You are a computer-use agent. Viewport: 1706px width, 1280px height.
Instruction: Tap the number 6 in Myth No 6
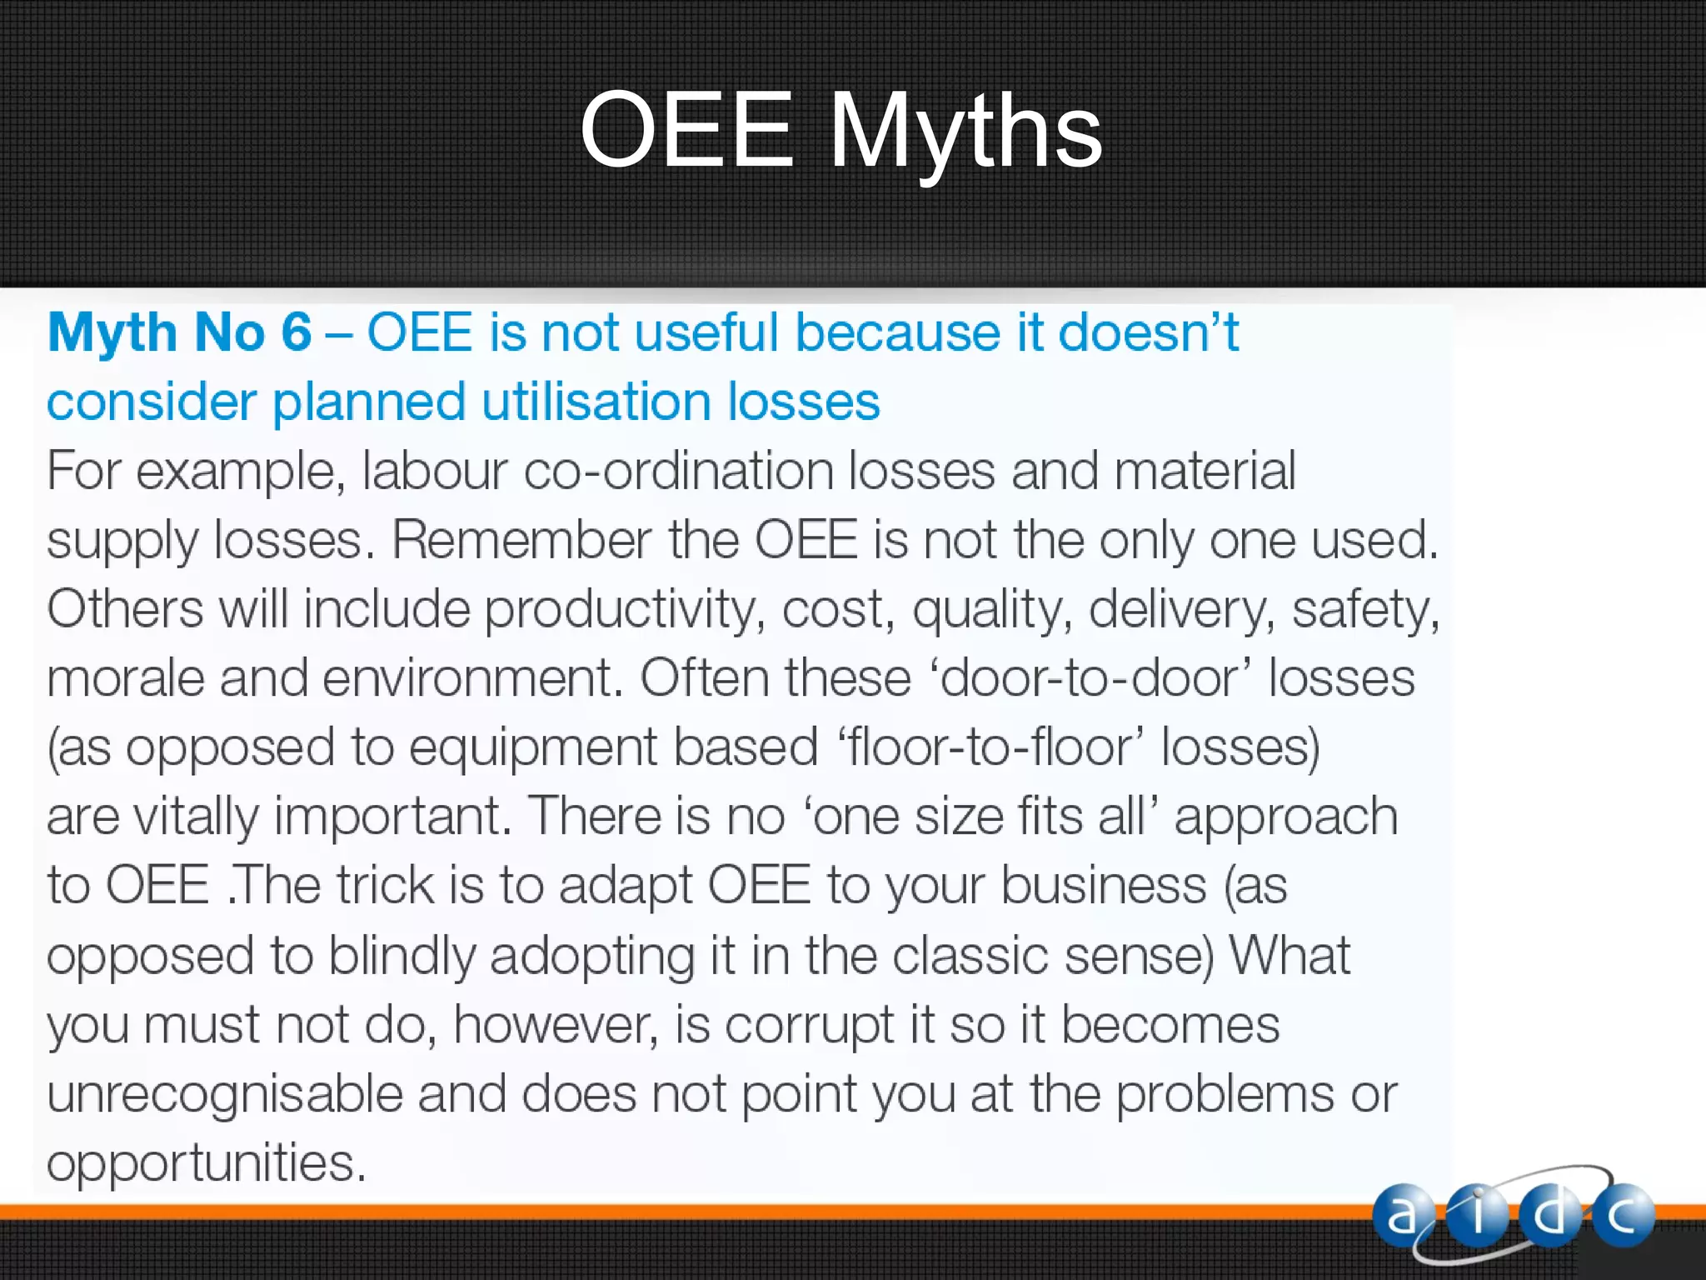(x=296, y=332)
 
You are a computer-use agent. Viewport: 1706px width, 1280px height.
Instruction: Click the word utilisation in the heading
(x=596, y=402)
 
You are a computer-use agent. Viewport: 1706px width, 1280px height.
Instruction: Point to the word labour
(x=434, y=471)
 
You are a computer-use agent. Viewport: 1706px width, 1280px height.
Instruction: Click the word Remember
(x=521, y=540)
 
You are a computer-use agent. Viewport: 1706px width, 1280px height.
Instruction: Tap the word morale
(x=125, y=678)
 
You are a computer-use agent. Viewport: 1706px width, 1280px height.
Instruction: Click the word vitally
(x=197, y=817)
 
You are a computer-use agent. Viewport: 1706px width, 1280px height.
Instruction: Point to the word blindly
(x=401, y=955)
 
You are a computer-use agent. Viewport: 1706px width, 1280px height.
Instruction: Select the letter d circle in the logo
(x=1549, y=1215)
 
